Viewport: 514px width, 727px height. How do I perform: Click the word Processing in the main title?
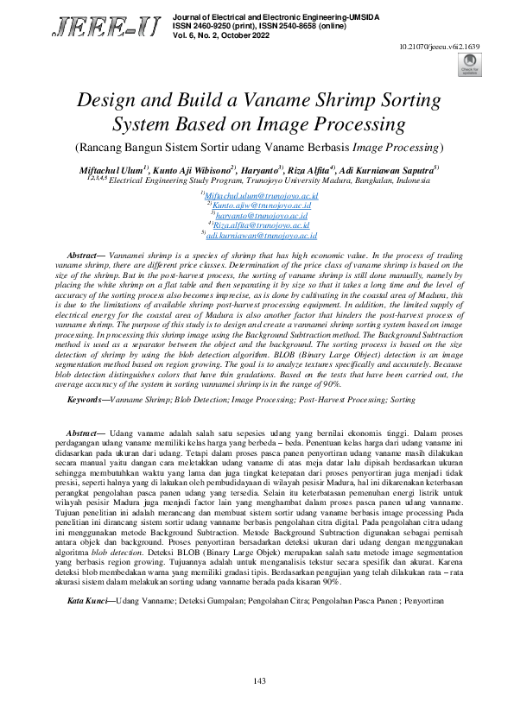click(356, 124)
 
